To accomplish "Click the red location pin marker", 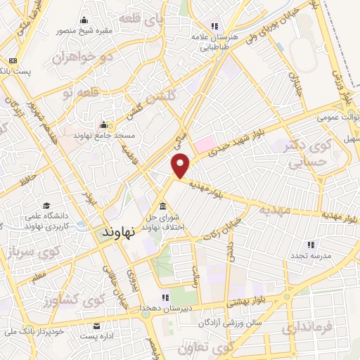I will (x=181, y=165).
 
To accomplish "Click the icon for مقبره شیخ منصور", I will (x=85, y=20).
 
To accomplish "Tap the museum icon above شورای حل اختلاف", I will (x=163, y=206).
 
